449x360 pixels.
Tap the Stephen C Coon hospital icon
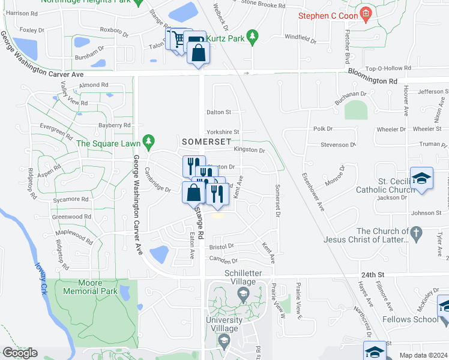click(x=365, y=13)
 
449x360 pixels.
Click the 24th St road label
click(x=372, y=275)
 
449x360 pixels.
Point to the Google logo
click(x=20, y=353)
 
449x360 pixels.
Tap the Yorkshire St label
click(x=223, y=132)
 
